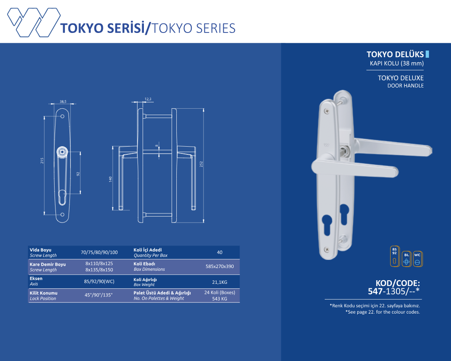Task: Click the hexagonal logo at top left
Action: coord(34,22)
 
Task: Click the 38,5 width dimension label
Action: coord(63,102)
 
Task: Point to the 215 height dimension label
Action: coord(42,161)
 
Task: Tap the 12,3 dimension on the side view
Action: coord(148,99)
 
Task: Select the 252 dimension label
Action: coord(201,164)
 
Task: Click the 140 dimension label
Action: coord(110,179)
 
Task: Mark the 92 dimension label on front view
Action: coord(78,174)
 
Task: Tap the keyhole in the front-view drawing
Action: coord(62,197)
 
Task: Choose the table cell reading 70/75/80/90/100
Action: coord(99,252)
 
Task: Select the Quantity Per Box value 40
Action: coord(220,252)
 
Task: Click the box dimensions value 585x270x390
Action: coord(220,267)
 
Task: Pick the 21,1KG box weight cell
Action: coord(220,282)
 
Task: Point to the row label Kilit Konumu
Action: coord(43,293)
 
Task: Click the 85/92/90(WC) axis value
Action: coord(99,282)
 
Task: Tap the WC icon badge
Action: coord(418,259)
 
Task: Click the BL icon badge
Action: coord(406,259)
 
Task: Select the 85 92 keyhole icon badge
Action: coord(395,256)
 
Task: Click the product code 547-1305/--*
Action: coord(393,292)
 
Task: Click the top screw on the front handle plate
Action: coord(327,111)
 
